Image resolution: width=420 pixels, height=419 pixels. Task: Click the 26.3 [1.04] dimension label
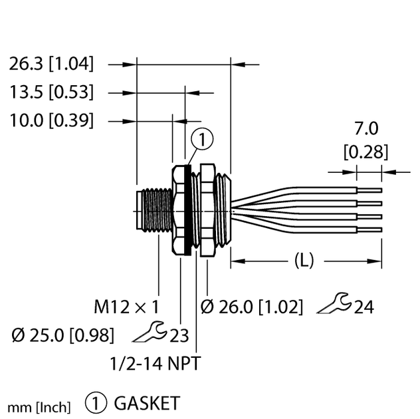(51, 65)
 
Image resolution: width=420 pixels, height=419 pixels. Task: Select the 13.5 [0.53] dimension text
(51, 92)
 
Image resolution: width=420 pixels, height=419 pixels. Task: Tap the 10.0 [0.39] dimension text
(51, 120)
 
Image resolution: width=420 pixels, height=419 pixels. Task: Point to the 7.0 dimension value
(365, 128)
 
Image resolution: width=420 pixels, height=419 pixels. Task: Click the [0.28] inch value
(365, 152)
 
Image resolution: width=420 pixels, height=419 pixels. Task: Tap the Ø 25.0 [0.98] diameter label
(61, 335)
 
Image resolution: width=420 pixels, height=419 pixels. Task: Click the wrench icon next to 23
(151, 333)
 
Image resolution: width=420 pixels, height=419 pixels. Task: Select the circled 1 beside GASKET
(96, 403)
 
